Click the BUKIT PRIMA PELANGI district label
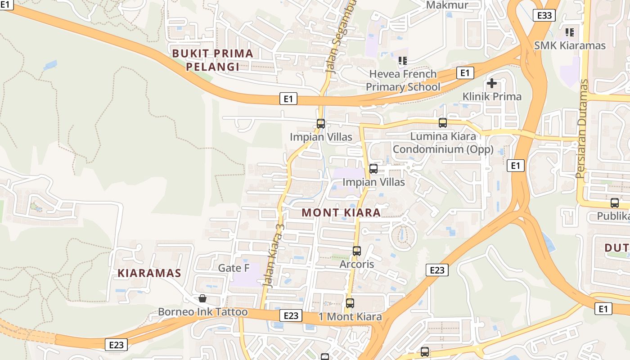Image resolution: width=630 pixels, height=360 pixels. [213, 60]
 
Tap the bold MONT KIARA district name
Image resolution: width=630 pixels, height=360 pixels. [341, 212]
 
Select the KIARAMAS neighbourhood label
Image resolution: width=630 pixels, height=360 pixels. [149, 273]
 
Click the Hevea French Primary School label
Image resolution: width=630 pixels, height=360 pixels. [403, 80]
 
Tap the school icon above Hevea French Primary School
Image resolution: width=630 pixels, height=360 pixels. [403, 60]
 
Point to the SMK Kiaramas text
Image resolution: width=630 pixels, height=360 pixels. [570, 45]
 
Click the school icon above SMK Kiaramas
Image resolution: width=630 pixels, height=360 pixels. [570, 32]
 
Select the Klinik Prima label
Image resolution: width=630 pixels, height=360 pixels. [492, 96]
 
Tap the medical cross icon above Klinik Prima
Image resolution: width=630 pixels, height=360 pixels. [492, 83]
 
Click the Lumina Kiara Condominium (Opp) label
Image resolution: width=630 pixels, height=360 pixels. [443, 142]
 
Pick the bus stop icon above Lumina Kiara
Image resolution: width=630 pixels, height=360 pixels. [443, 123]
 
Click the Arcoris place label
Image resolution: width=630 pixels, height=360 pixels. [357, 264]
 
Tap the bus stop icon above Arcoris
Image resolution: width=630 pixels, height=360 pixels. [357, 251]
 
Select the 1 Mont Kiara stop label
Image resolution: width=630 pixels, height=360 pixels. [350, 316]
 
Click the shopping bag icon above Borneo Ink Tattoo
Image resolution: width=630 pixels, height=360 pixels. [202, 298]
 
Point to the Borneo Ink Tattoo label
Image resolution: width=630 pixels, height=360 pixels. [202, 312]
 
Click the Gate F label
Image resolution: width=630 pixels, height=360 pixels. [234, 268]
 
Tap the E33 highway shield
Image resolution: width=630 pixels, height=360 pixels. [544, 15]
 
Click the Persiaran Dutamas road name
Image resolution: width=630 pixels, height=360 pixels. [583, 129]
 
